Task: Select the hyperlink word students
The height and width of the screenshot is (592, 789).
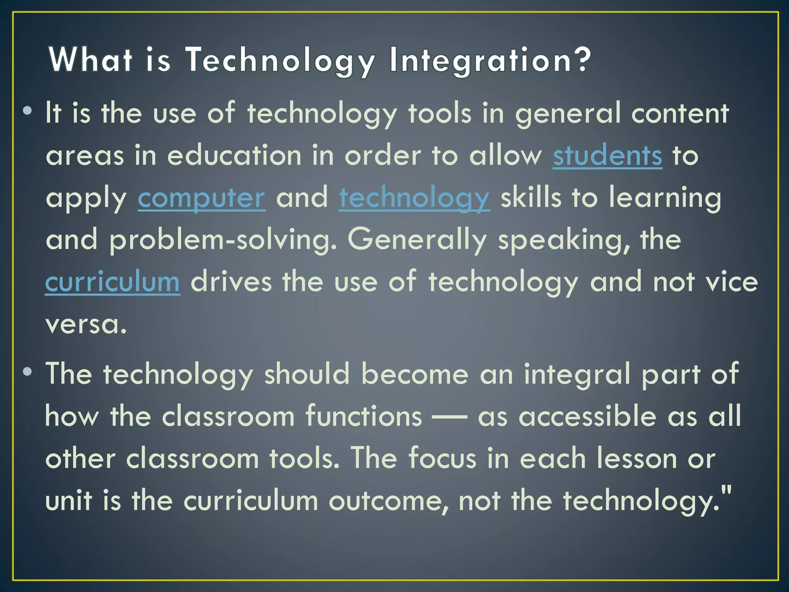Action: coord(608,156)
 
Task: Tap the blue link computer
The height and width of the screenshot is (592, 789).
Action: coord(201,198)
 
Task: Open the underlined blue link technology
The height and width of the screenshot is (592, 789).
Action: coord(415,198)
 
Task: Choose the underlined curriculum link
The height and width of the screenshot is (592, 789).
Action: coord(112,282)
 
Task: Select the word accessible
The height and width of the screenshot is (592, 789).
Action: coord(588,416)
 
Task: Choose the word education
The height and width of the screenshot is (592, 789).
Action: coord(234,156)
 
